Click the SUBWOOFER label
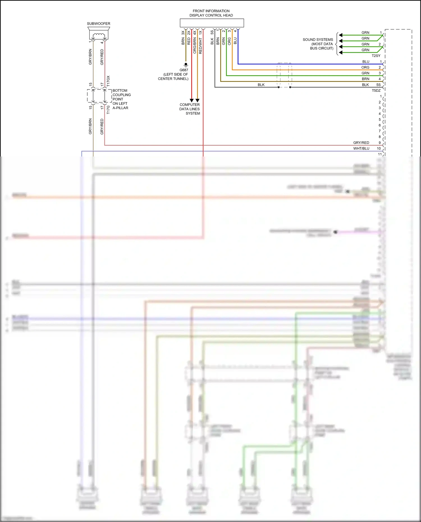click(99, 24)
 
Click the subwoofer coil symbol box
click(99, 35)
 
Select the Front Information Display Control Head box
click(212, 23)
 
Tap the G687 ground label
click(184, 70)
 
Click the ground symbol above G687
click(186, 65)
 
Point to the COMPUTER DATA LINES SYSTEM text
click(190, 109)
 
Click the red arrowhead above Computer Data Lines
click(192, 100)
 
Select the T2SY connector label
click(376, 56)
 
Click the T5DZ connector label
click(376, 91)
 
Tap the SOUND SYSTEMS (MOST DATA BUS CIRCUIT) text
click(318, 44)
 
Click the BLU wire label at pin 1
click(366, 62)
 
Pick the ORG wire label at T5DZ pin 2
click(365, 67)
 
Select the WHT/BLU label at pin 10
click(361, 148)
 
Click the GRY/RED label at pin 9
click(361, 143)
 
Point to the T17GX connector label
click(108, 81)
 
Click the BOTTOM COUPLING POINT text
click(121, 95)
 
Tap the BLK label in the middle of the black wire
click(261, 85)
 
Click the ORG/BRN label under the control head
click(195, 45)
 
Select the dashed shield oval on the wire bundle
click(284, 75)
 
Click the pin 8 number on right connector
click(380, 137)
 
